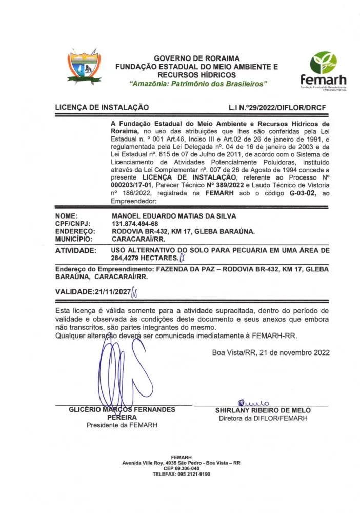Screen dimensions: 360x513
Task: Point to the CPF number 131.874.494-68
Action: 135,224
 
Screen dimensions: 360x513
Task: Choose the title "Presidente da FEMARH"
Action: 122,425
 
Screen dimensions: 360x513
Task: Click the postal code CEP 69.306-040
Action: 181,468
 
